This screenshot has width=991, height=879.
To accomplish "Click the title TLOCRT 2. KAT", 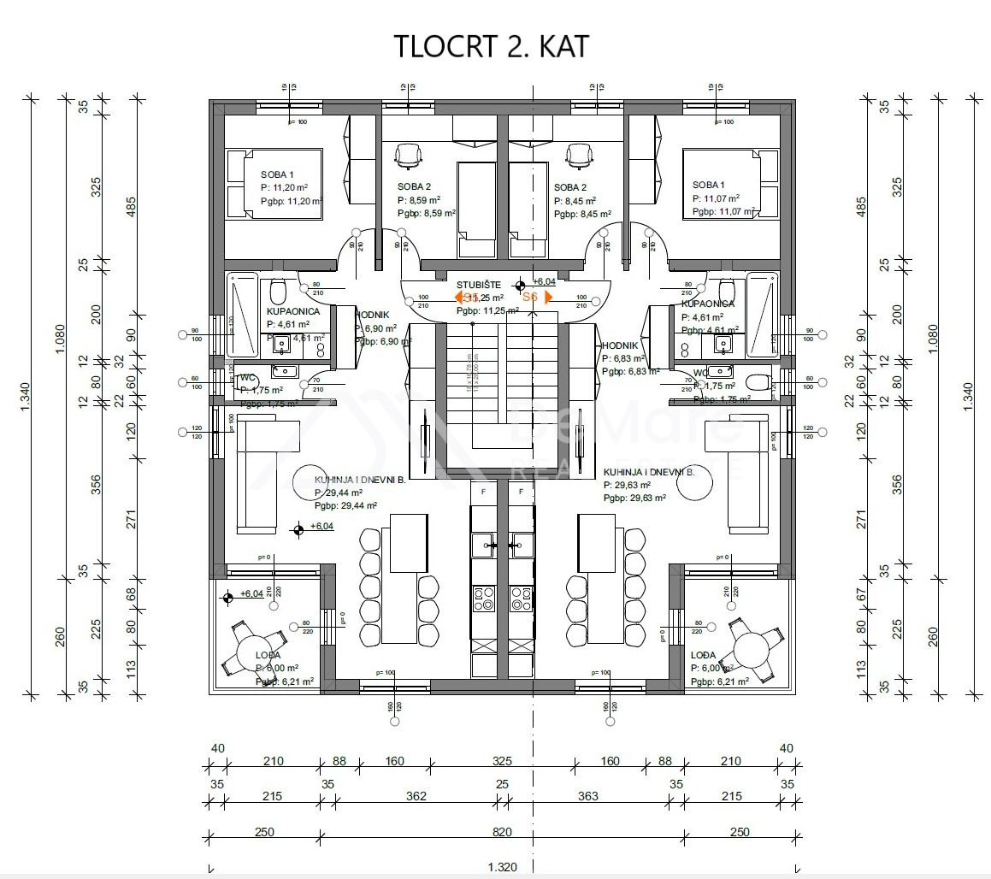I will (x=491, y=46).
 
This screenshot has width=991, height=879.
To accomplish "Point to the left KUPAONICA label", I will (x=293, y=311).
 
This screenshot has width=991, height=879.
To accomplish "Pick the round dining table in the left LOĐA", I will (x=253, y=645).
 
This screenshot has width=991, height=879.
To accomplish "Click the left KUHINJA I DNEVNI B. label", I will (x=358, y=481).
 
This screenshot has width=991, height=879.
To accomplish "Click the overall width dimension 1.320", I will (x=502, y=867).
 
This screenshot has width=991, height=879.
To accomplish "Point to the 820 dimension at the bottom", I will (x=502, y=832).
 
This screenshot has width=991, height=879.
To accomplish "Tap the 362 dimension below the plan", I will (x=416, y=797).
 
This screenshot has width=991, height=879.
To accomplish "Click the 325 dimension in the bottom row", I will (x=502, y=761).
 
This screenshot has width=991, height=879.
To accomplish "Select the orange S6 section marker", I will (x=530, y=297).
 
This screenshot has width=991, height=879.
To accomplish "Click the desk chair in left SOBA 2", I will (x=409, y=155).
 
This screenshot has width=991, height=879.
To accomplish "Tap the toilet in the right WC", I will (x=757, y=381).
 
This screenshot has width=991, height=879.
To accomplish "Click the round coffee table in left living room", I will (x=309, y=482).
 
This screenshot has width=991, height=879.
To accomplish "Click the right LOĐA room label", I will (x=704, y=655).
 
